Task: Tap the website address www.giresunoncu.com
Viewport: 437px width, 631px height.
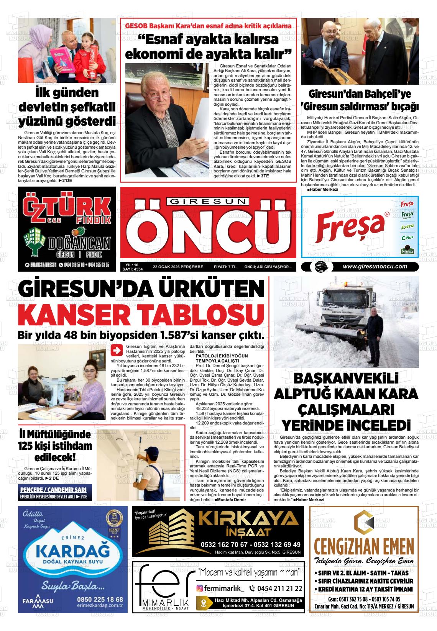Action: click(375, 267)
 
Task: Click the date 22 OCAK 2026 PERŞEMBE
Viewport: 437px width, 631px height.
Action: click(178, 267)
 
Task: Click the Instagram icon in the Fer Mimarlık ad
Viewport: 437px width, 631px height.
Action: click(200, 588)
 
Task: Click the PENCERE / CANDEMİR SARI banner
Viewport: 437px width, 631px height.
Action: click(53, 490)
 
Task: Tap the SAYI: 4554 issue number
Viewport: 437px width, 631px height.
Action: click(132, 269)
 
